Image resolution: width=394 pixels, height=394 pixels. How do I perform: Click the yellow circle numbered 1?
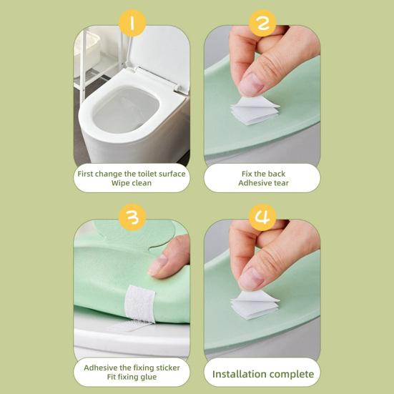click(132, 23)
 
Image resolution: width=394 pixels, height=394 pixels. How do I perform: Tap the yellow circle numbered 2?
click(262, 23)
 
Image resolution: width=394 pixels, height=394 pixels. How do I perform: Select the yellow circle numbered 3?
click(132, 217)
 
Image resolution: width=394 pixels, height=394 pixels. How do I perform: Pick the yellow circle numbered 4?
click(262, 217)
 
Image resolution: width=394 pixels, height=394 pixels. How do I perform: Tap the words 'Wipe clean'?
click(132, 183)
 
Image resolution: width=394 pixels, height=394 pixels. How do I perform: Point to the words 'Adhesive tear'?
click(263, 183)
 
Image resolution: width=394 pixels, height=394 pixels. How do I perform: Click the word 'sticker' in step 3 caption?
click(168, 368)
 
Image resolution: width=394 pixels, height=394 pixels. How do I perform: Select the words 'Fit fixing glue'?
click(132, 377)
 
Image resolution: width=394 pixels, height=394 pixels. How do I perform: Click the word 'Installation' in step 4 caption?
click(235, 374)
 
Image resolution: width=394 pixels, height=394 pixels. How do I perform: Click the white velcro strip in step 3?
click(139, 304)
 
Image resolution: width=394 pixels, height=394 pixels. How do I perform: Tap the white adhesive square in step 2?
click(255, 111)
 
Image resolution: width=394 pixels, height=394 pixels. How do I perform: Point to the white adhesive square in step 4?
click(255, 305)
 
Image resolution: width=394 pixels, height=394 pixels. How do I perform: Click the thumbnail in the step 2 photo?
click(251, 85)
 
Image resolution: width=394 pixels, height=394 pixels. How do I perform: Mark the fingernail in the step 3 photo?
click(157, 265)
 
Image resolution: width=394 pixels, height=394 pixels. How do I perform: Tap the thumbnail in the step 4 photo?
click(251, 279)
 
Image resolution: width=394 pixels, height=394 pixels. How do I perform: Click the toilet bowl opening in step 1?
click(126, 109)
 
